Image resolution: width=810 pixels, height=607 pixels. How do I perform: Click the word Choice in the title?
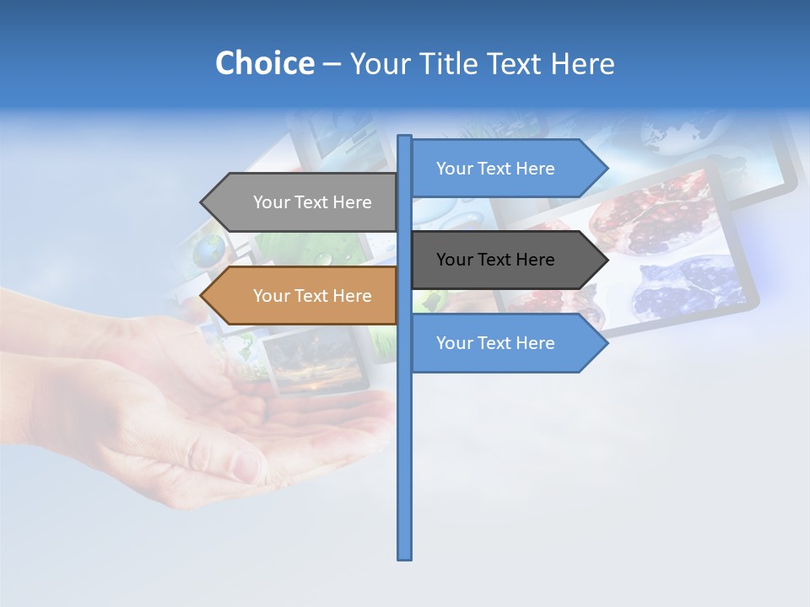point(264,63)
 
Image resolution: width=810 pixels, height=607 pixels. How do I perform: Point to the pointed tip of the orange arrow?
point(202,296)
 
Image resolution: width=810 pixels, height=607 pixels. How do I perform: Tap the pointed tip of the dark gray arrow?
point(606,260)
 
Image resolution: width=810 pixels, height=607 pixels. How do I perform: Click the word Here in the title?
point(582,63)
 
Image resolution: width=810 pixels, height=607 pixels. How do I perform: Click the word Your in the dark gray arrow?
point(455,260)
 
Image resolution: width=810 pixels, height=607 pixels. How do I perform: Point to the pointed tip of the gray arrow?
point(202,202)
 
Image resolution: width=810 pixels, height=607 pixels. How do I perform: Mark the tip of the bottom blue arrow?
point(606,343)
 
